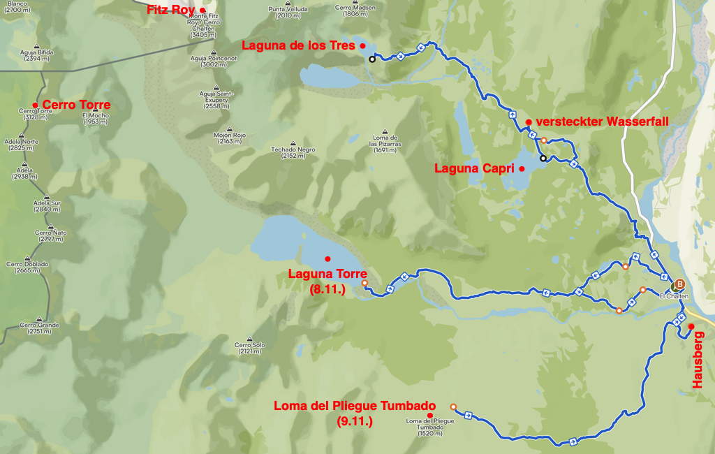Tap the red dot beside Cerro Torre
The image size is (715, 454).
click(x=35, y=105)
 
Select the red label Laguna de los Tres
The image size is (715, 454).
click(x=298, y=45)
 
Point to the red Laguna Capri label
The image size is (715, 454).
click(x=474, y=168)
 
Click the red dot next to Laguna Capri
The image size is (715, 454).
click(x=522, y=168)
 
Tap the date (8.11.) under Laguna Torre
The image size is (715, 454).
click(x=327, y=288)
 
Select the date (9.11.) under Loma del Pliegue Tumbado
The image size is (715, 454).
click(x=355, y=421)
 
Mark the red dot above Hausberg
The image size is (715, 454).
click(x=691, y=326)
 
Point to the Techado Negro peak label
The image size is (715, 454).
click(x=293, y=152)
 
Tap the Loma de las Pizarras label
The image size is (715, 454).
click(x=385, y=143)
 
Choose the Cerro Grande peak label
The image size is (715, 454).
click(x=39, y=328)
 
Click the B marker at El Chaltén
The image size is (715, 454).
click(x=679, y=284)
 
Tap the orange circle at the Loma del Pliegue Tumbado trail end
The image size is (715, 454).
click(x=453, y=407)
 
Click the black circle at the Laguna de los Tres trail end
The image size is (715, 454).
click(x=372, y=59)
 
